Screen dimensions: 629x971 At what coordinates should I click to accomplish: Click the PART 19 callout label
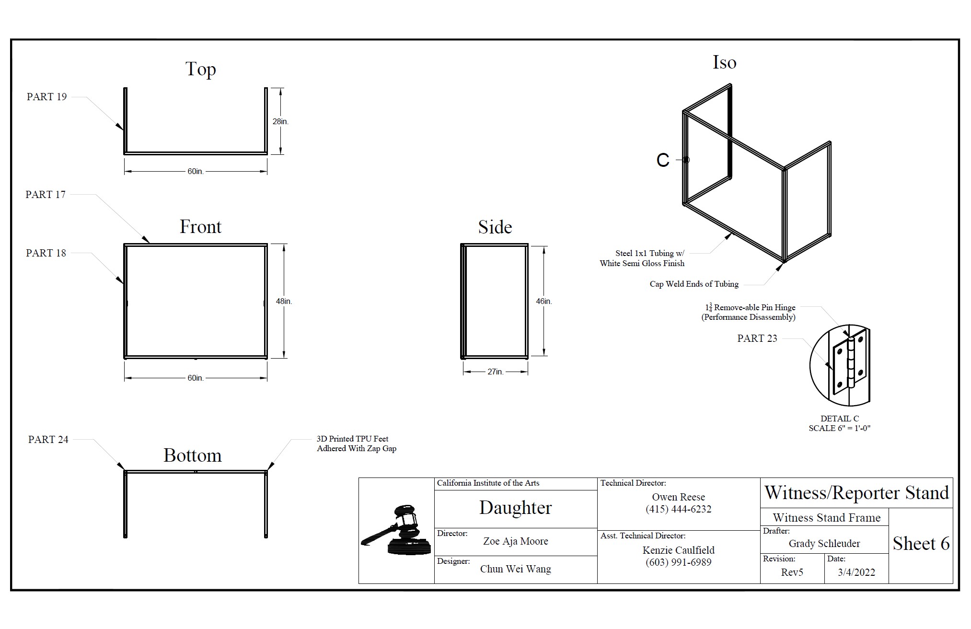pos(46,97)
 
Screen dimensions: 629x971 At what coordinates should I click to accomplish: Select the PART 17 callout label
pos(46,195)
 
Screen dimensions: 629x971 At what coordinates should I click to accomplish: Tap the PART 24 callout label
pos(48,440)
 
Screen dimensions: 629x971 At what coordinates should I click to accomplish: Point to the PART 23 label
pos(757,338)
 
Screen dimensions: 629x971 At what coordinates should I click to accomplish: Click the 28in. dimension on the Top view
pos(280,122)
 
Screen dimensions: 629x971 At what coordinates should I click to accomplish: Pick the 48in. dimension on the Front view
pos(284,302)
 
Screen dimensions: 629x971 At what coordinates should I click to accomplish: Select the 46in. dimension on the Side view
pos(543,302)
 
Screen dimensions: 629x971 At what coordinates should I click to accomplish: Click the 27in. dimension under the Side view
pos(495,372)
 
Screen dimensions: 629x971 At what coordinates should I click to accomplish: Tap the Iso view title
pos(724,63)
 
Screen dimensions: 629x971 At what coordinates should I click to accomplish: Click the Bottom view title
pos(193,455)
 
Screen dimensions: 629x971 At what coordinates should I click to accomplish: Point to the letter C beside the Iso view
pos(663,160)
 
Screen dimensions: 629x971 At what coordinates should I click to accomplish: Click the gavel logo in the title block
pos(396,530)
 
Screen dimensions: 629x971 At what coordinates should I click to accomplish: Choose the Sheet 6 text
pos(921,544)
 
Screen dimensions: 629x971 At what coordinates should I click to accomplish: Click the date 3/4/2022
pos(856,572)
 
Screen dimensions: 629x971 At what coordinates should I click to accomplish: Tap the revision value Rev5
pos(792,572)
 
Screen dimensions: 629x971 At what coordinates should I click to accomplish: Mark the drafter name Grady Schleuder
pos(824,544)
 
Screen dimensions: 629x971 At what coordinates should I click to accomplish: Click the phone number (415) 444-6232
pos(678,509)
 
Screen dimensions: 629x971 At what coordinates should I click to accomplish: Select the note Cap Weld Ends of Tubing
pos(694,284)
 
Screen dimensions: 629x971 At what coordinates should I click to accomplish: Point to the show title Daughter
pos(515,508)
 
